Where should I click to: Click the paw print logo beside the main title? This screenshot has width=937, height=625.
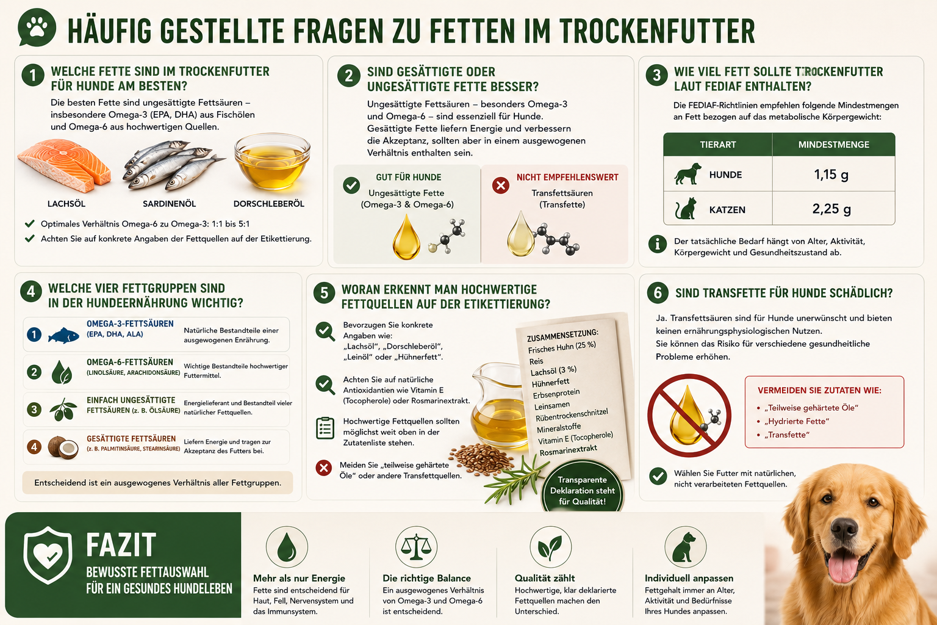tap(37, 27)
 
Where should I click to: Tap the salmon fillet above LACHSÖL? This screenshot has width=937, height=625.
tap(64, 166)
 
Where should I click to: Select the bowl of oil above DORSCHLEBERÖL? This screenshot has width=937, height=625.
tap(272, 162)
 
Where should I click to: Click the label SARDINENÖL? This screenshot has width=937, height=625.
tap(170, 204)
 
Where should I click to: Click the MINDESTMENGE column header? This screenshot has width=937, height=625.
tap(833, 145)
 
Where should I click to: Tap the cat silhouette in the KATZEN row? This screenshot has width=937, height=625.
tap(686, 209)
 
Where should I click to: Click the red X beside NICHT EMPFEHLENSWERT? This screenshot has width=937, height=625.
tap(500, 185)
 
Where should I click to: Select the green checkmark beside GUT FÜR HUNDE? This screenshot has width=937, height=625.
tap(351, 185)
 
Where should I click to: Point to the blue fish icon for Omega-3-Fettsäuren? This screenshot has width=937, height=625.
tap(63, 336)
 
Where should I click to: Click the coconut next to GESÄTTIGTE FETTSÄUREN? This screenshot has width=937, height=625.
tap(63, 447)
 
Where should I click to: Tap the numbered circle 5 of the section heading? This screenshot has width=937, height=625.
tap(324, 292)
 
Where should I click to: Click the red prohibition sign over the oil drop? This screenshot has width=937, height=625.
tap(689, 415)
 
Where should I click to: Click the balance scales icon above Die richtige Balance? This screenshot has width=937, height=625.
tap(416, 547)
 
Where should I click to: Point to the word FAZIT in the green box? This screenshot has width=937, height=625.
tap(121, 544)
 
